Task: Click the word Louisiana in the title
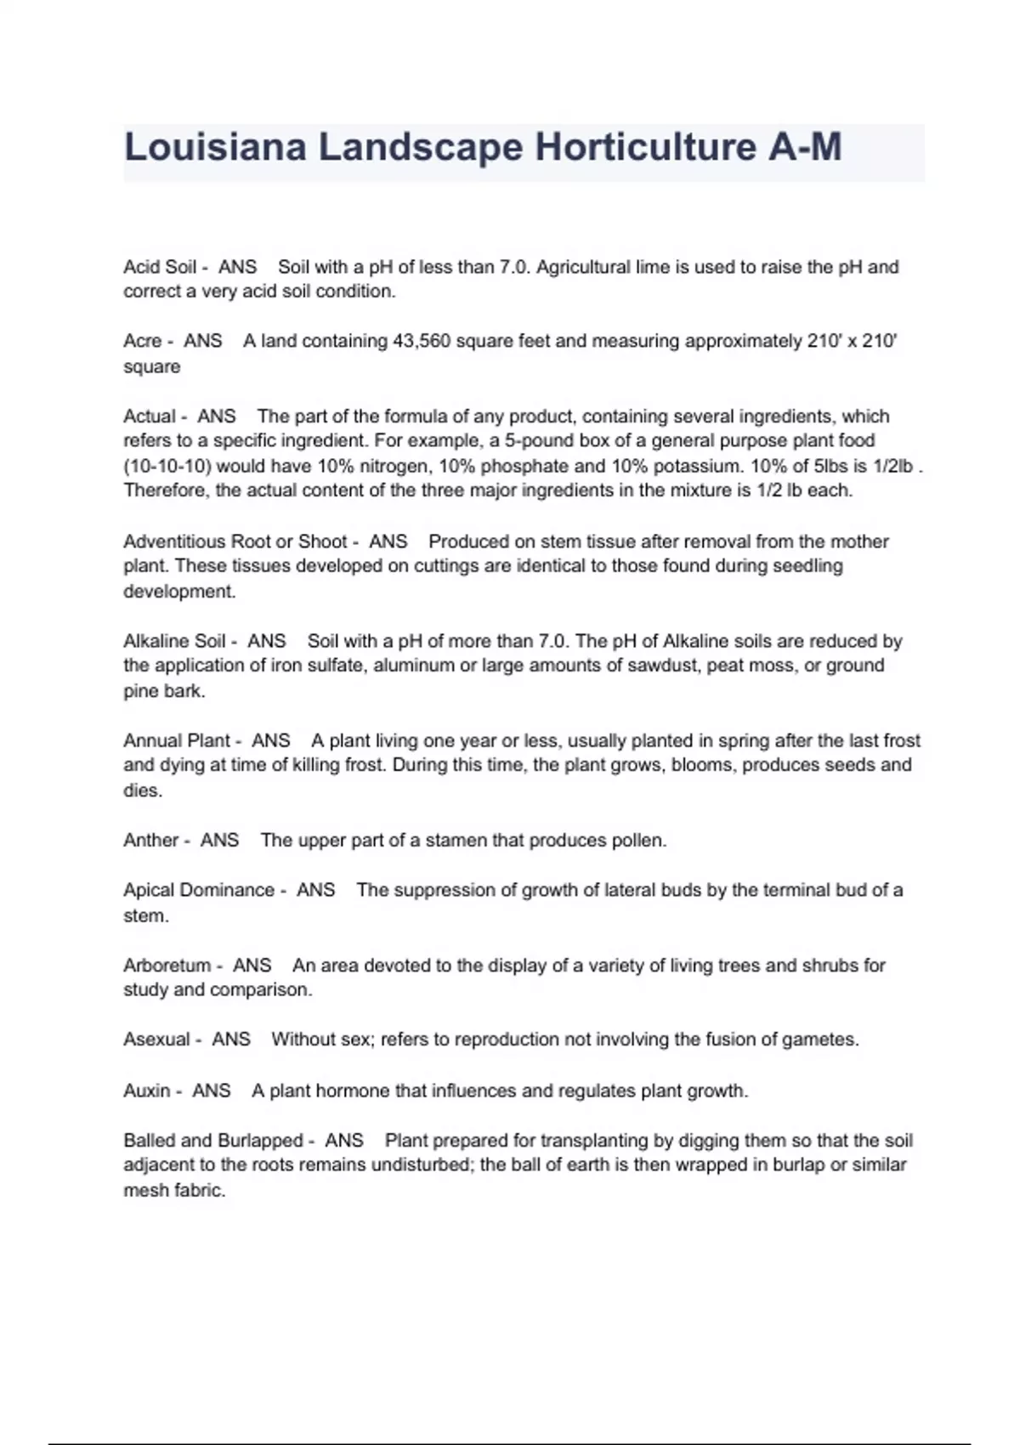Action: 215,147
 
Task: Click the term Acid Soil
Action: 160,267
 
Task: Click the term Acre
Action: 142,341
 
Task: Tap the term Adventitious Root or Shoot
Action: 235,541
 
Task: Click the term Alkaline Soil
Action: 174,641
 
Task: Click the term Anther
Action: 151,840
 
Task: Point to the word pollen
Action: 638,840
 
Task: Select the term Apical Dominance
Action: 199,890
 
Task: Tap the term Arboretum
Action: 167,966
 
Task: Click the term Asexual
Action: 157,1039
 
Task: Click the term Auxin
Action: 147,1091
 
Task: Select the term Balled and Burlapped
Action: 213,1141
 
